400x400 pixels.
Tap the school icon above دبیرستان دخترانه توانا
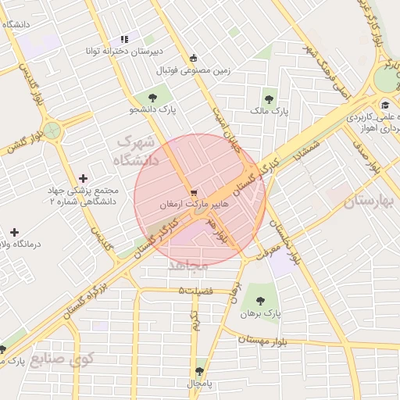point(123,39)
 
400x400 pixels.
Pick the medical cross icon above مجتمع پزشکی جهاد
point(84,178)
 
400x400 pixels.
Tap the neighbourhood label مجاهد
point(188,266)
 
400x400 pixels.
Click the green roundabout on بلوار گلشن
point(52,130)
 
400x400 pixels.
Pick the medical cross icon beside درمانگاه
point(14,232)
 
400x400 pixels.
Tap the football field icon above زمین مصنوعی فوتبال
point(194,57)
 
